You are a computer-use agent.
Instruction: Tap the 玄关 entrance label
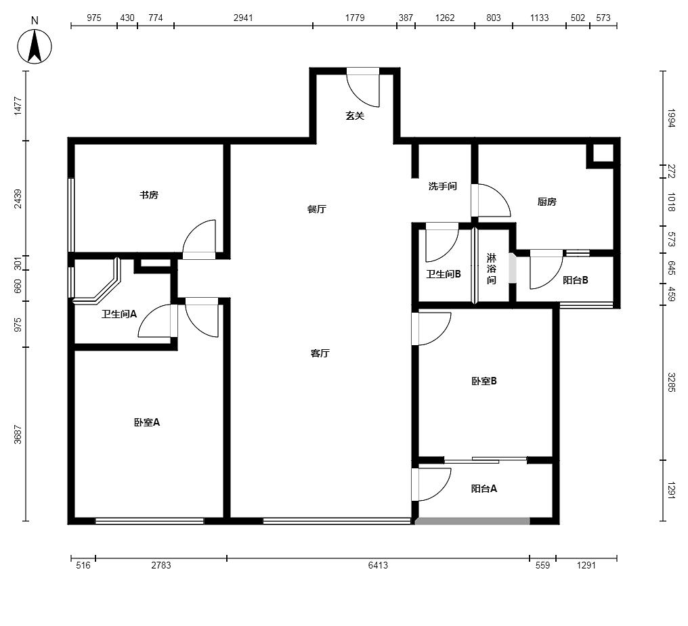point(355,116)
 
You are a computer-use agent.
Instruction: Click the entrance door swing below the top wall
point(363,88)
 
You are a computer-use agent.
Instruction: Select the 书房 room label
point(149,195)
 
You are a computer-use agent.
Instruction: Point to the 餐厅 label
point(316,209)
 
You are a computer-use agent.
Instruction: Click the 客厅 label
point(320,353)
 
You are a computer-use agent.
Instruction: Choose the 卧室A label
point(147,422)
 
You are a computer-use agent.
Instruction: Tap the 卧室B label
point(484,382)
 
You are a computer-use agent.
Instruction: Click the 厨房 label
point(546,202)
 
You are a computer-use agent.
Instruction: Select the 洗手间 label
point(443,186)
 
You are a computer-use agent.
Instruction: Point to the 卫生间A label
point(119,314)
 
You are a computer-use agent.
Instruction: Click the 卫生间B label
point(443,274)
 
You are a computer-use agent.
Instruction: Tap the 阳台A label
point(484,489)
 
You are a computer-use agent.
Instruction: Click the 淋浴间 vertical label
point(492,269)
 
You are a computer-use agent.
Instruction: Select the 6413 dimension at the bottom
point(378,565)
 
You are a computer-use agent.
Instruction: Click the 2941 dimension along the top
point(243,18)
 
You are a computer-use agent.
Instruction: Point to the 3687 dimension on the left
point(18,434)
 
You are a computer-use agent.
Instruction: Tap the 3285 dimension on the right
point(671,382)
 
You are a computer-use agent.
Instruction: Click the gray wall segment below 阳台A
point(473,521)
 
